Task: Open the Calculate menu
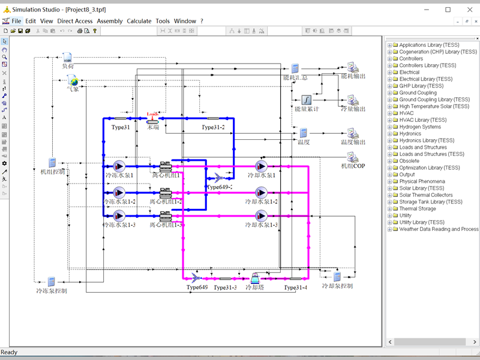coord(139,21)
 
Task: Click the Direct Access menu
coord(75,21)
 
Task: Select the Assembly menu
coord(110,21)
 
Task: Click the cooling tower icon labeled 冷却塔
coord(255,278)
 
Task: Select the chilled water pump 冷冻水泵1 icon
coord(119,166)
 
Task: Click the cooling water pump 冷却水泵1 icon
coord(261,166)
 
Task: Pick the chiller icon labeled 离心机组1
coord(166,166)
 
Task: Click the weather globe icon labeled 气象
coord(73,81)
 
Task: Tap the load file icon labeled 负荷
coord(68,58)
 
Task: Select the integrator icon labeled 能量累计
coord(305,99)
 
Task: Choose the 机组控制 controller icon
coord(53,163)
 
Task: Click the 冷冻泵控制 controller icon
coord(52,281)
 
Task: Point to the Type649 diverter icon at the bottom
coord(197,278)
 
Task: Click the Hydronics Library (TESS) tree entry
coord(427,140)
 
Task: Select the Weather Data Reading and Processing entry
coord(439,229)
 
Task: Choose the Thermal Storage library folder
coord(418,209)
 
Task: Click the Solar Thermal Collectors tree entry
coord(426,195)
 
